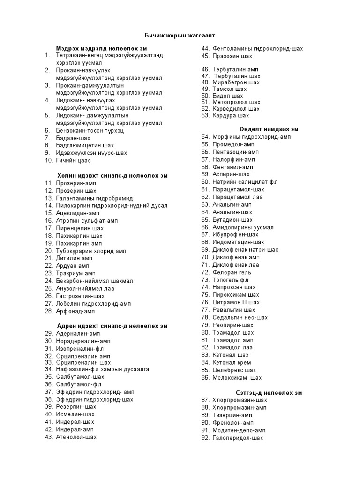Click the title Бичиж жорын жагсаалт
(x=180, y=36)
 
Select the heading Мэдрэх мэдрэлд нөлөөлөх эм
(x=102, y=48)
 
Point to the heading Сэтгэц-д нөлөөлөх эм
(x=269, y=392)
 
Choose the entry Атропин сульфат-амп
(x=87, y=220)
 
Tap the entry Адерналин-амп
(x=78, y=333)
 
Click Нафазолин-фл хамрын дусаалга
(x=102, y=369)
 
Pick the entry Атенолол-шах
(x=76, y=437)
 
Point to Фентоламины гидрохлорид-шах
(x=258, y=48)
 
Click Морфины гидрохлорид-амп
(x=252, y=137)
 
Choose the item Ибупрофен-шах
(x=235, y=234)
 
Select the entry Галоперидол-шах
(x=238, y=438)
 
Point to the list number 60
(x=205, y=181)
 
